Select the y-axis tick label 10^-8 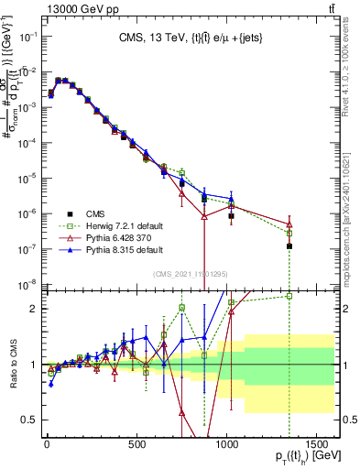tap(27, 283)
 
